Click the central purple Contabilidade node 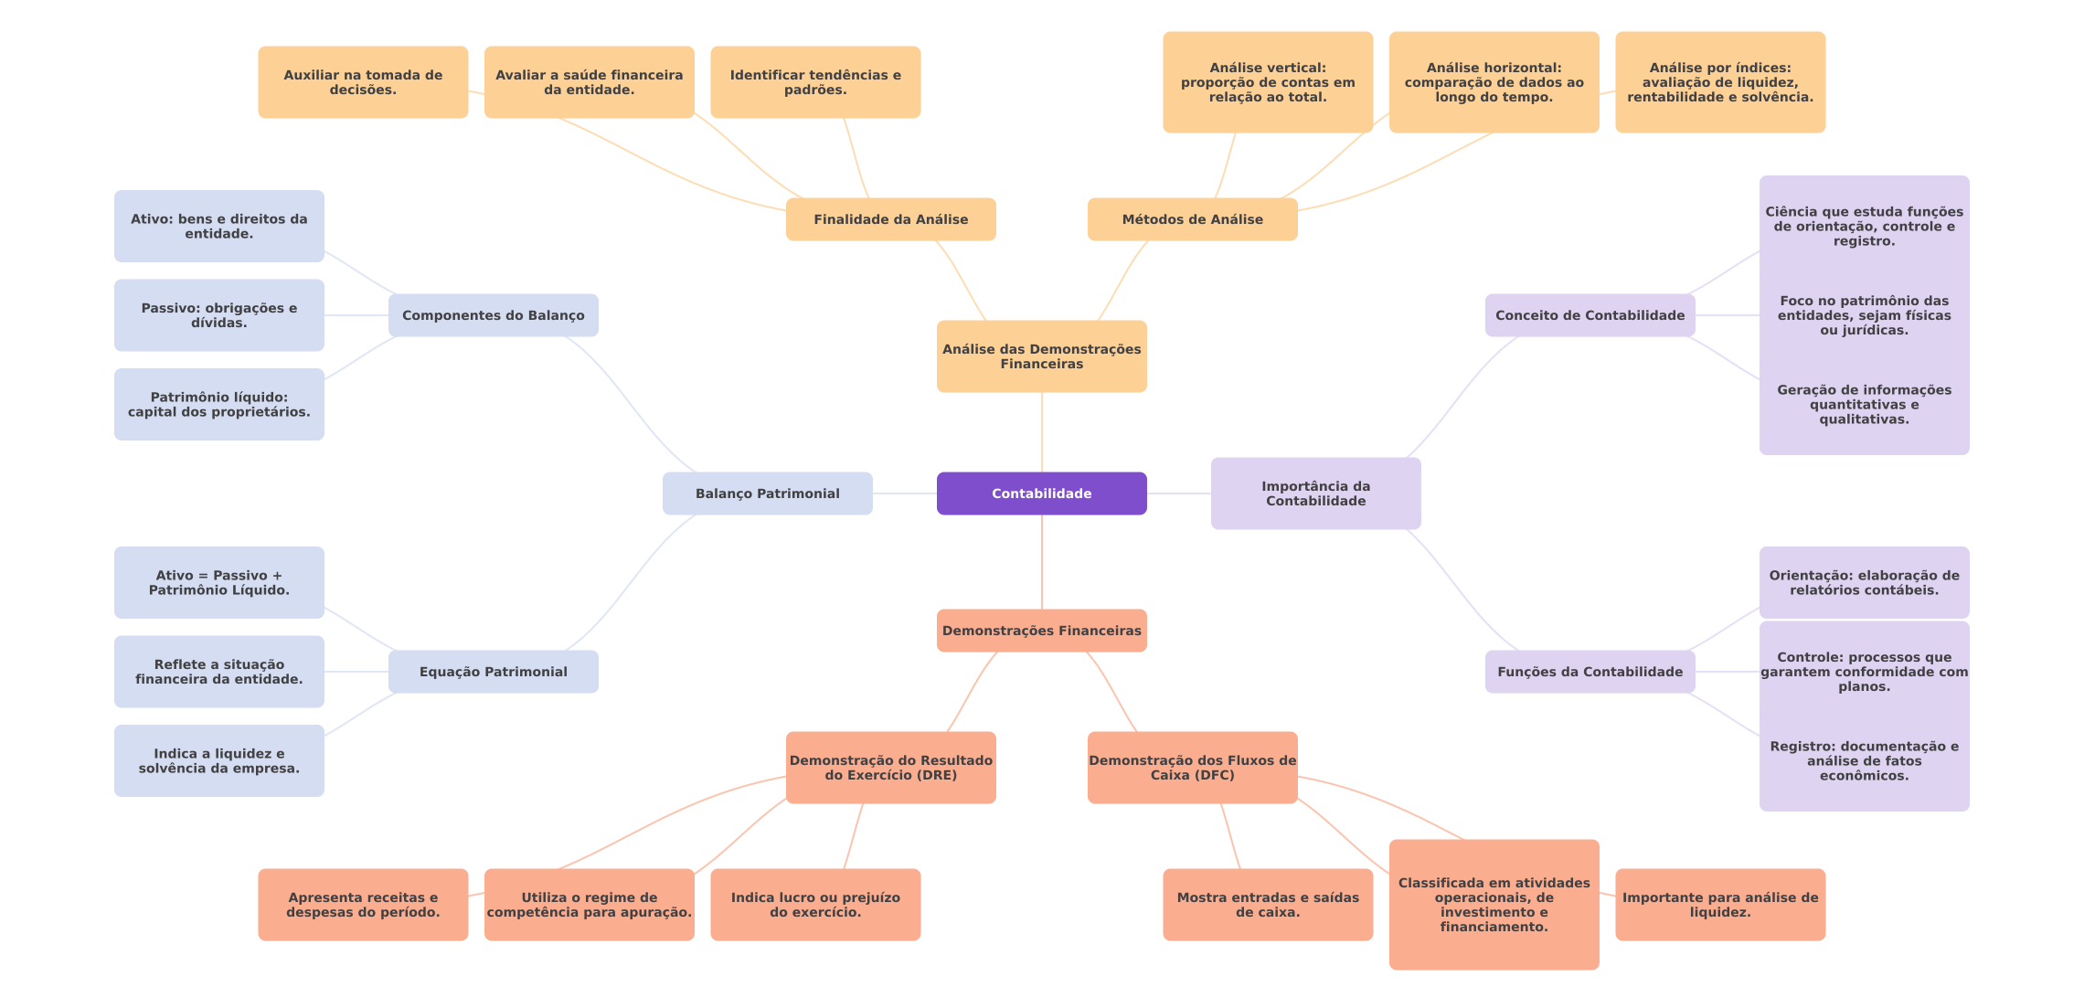click(1041, 493)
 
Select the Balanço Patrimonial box click(767, 493)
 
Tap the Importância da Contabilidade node click(1315, 493)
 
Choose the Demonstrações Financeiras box click(1041, 631)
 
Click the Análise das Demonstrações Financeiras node click(1041, 356)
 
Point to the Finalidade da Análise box click(890, 219)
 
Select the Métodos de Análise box click(1192, 219)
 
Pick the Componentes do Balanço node click(493, 315)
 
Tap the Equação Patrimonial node click(493, 672)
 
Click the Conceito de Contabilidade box click(1590, 315)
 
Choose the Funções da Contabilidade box click(1590, 672)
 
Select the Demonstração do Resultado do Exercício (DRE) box click(890, 768)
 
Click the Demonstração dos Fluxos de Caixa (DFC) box click(1192, 768)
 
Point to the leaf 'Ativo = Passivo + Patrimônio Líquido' click(218, 583)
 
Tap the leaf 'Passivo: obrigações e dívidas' click(218, 315)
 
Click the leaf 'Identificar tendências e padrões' click(815, 82)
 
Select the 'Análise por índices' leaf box click(1720, 82)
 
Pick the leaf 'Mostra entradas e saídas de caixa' click(1268, 905)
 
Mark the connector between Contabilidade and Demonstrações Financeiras click(1042, 562)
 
